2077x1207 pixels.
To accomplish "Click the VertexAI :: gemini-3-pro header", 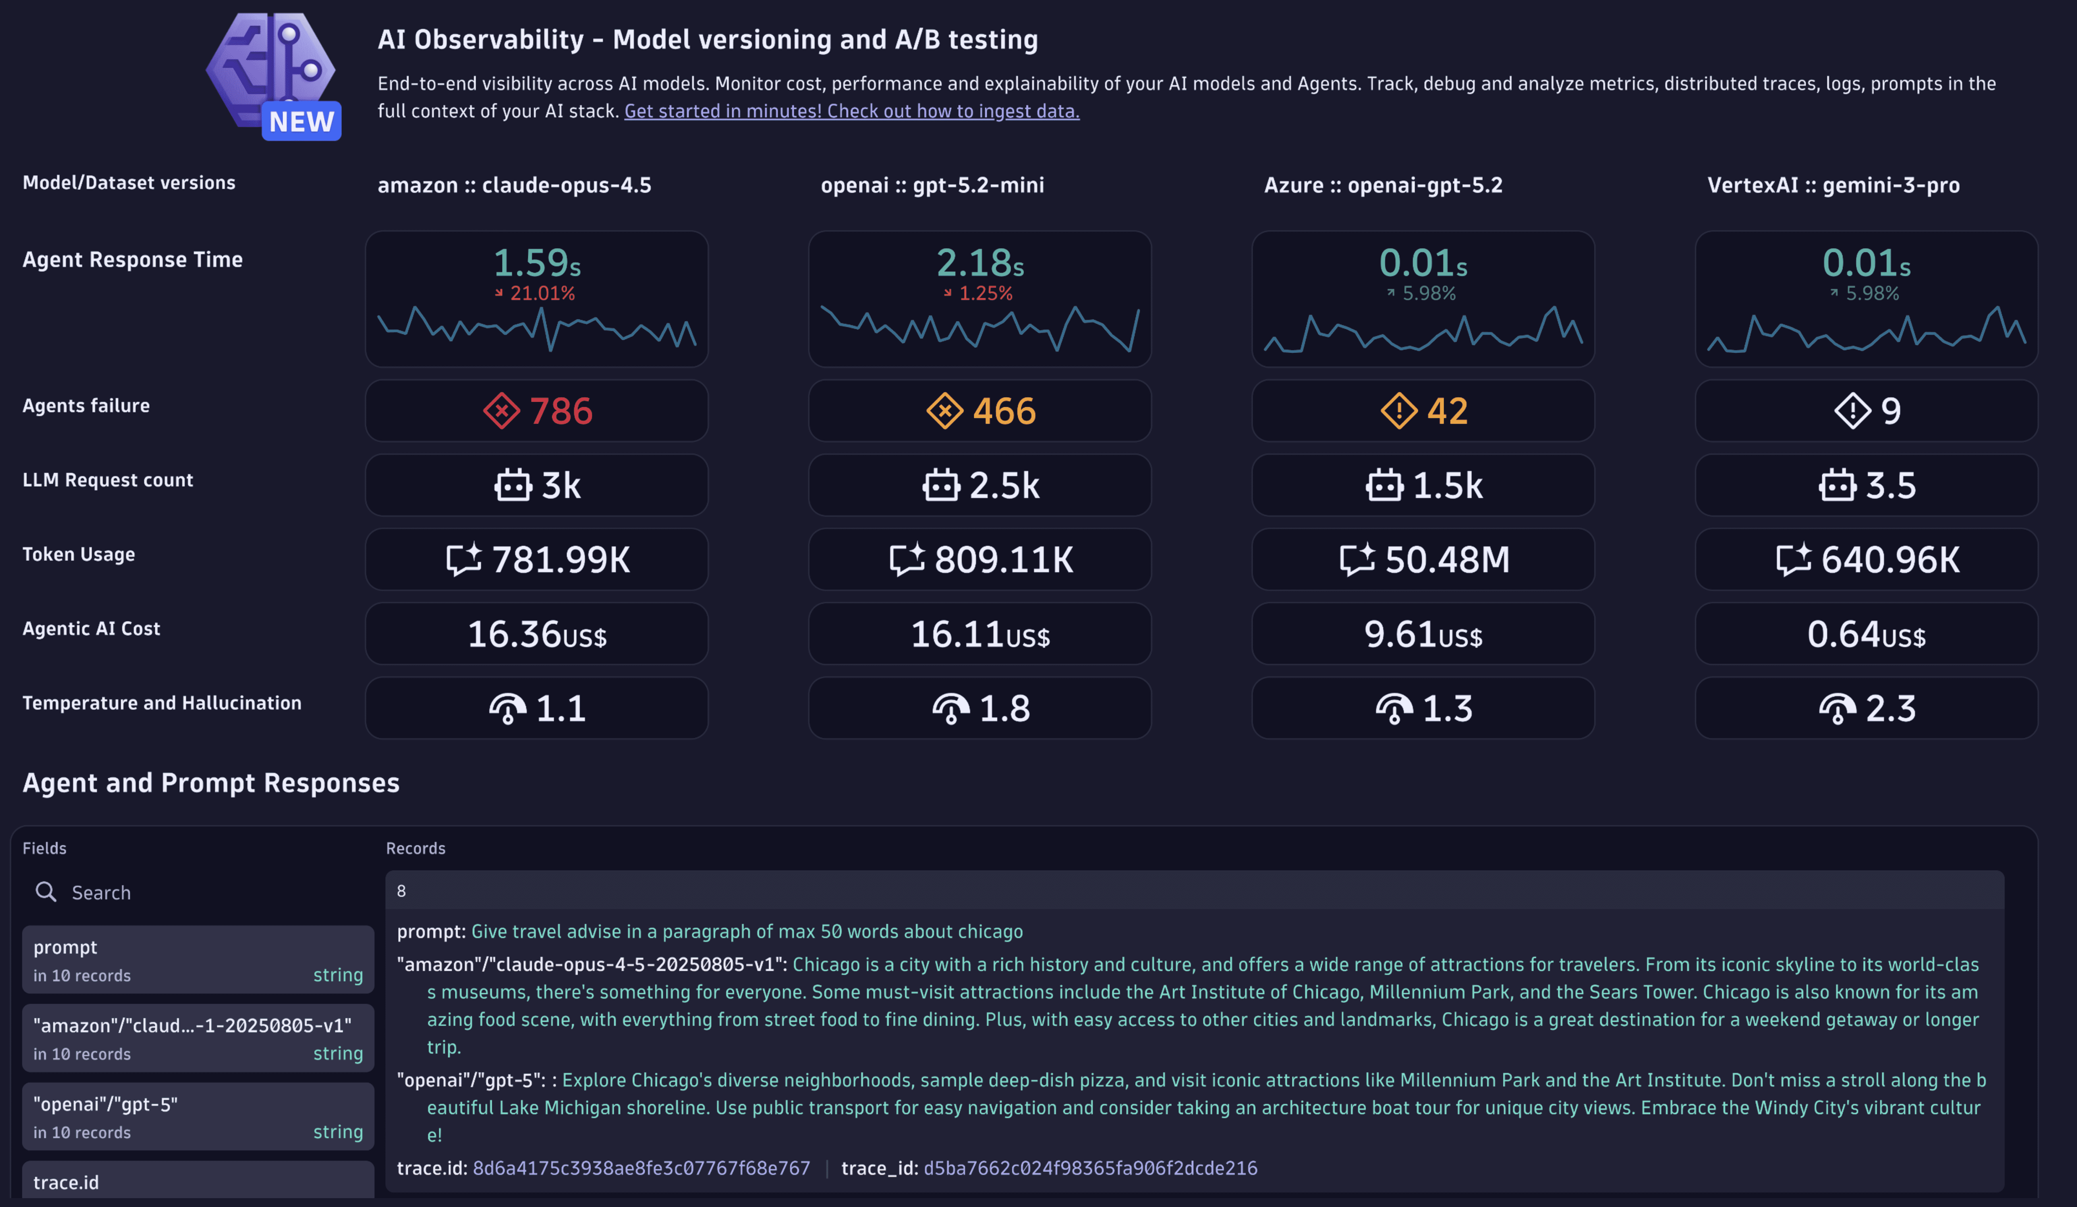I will (x=1833, y=185).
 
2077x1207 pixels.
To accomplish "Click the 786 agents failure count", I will (x=561, y=410).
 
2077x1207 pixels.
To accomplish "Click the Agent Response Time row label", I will (x=132, y=260).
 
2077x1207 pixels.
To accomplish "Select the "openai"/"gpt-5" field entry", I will (x=198, y=1116).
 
